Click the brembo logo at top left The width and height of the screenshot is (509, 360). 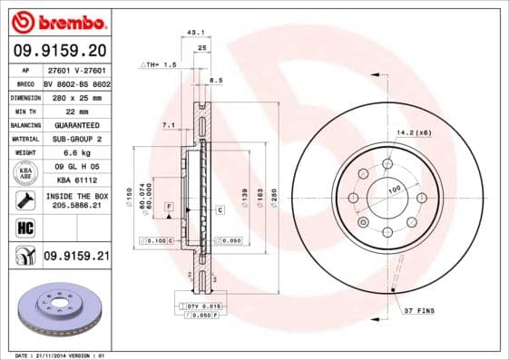point(56,20)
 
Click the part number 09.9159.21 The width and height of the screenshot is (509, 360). point(75,257)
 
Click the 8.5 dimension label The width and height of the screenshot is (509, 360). point(216,82)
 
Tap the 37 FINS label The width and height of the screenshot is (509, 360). point(420,311)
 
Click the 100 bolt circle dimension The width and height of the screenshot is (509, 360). point(394,190)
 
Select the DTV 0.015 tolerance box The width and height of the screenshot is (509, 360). point(200,306)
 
